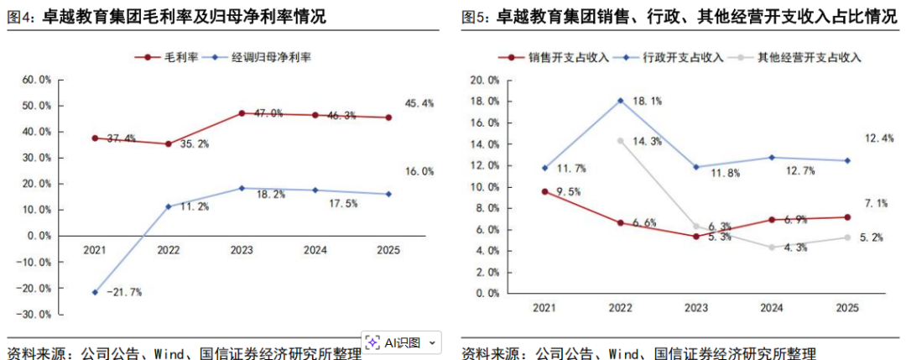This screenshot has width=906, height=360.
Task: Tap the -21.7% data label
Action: point(125,292)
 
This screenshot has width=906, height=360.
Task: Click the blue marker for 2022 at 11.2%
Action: point(168,206)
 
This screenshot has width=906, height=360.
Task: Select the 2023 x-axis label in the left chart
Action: point(242,249)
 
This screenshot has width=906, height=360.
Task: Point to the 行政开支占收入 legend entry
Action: point(682,58)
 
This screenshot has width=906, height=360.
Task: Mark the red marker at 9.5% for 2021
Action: point(545,191)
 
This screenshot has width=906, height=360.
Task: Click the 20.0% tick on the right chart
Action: point(485,81)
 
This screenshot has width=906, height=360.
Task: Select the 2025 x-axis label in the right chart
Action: point(847,308)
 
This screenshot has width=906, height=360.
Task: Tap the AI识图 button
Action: point(402,342)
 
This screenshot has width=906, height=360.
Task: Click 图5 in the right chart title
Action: point(476,16)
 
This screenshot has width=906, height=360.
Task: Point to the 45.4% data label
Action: point(419,103)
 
